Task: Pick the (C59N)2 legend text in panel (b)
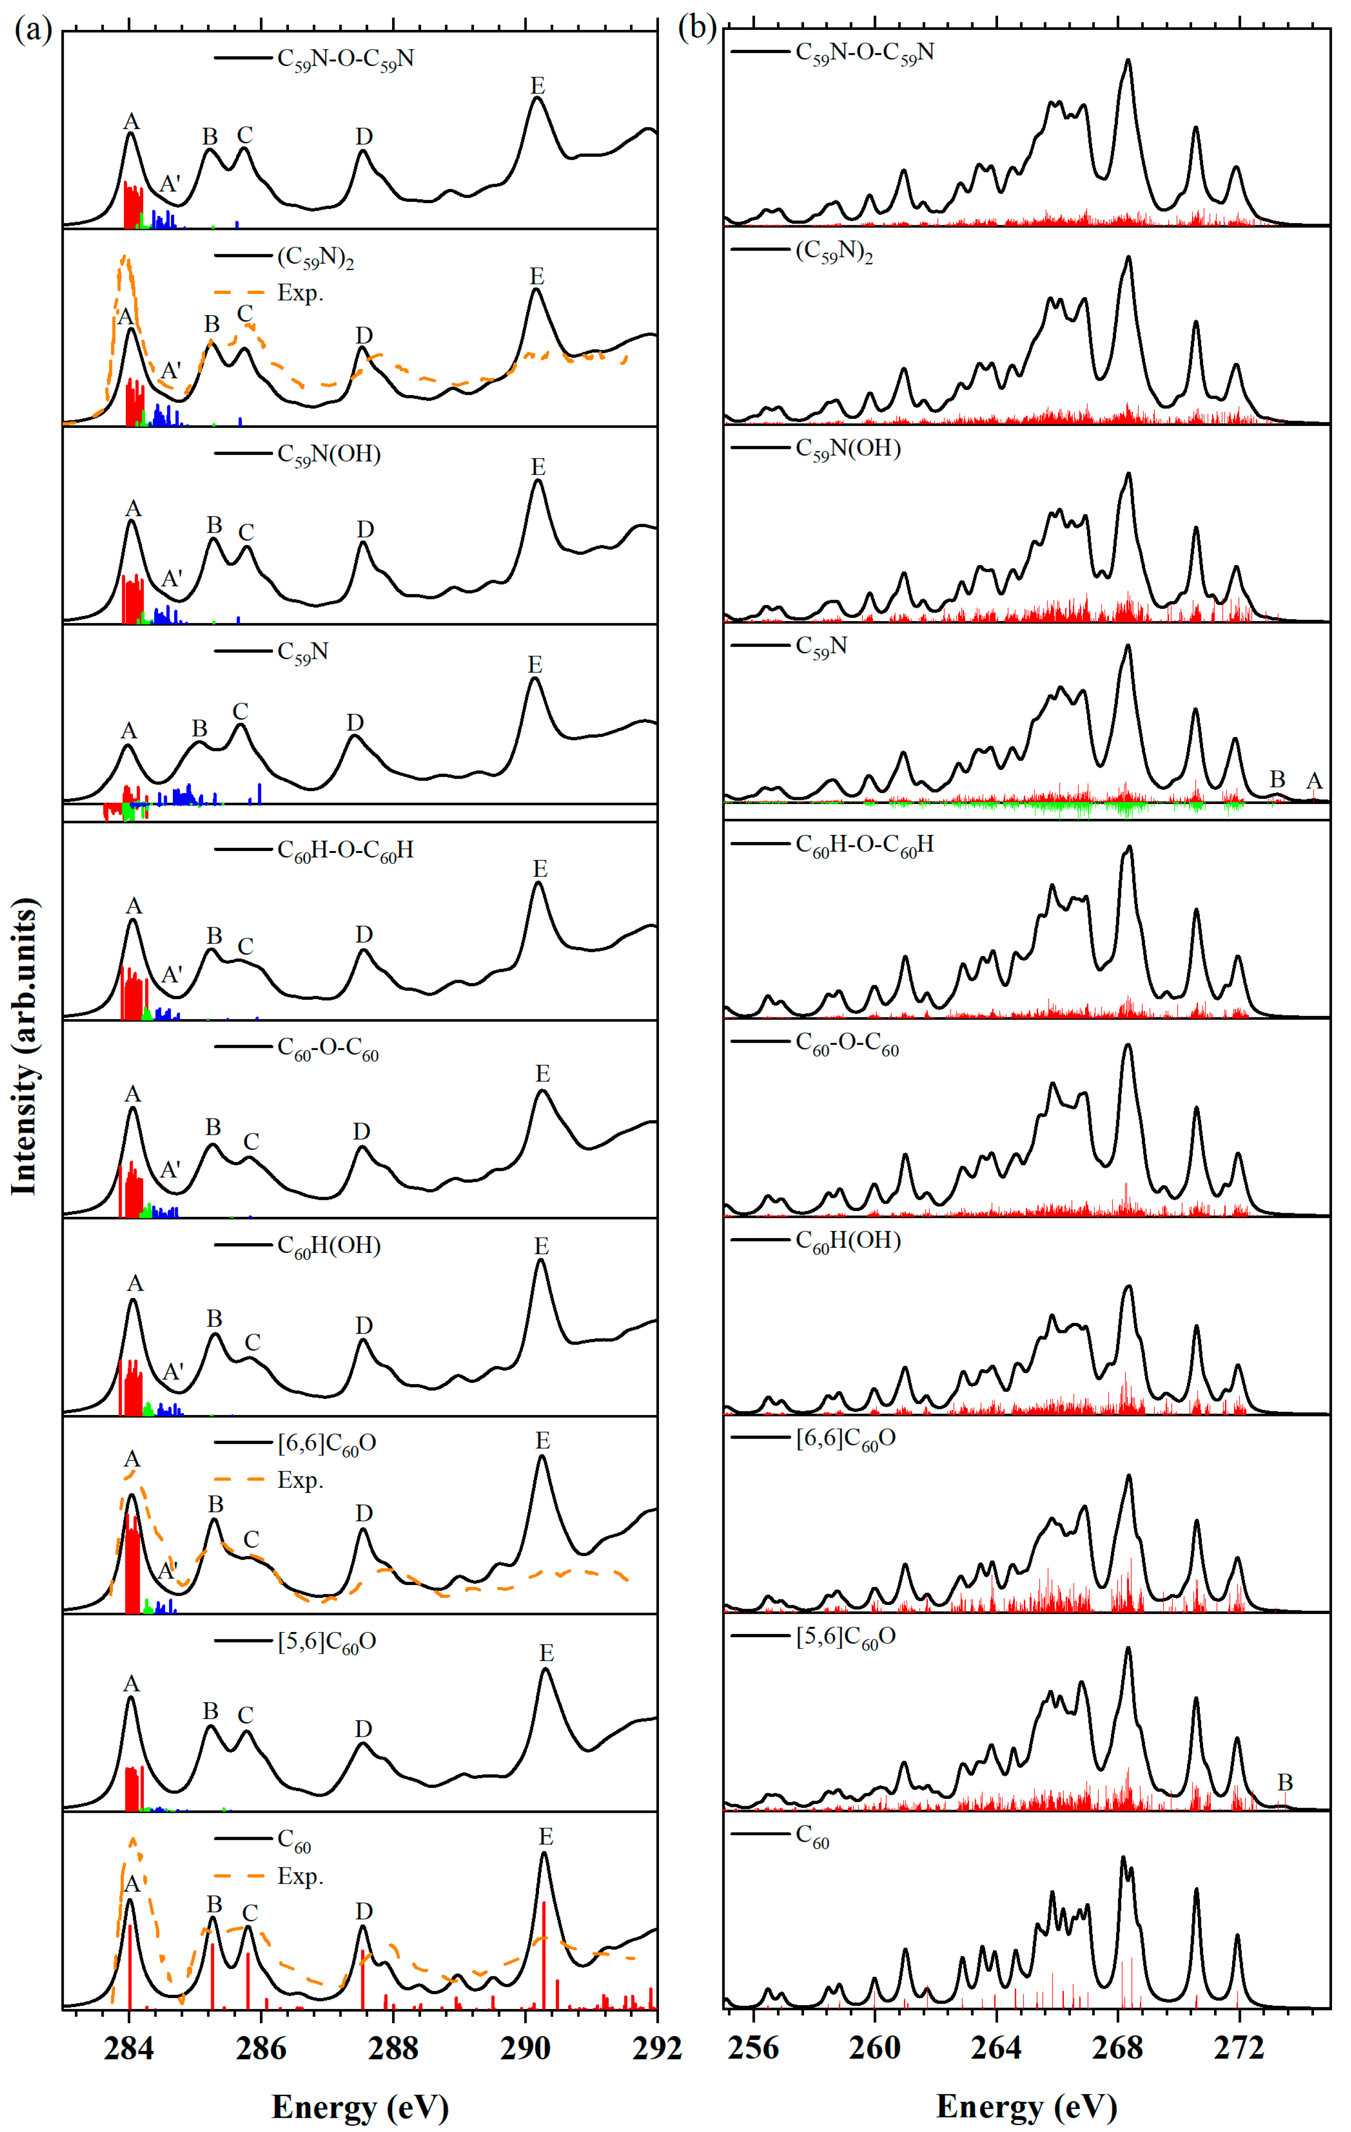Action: point(834,253)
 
